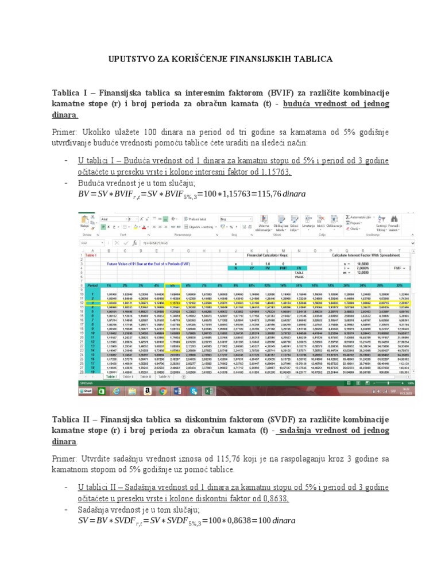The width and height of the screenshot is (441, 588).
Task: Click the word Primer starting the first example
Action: pos(67,131)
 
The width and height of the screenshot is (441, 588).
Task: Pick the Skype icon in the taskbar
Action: pos(193,390)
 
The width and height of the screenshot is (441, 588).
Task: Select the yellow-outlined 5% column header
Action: pos(172,285)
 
